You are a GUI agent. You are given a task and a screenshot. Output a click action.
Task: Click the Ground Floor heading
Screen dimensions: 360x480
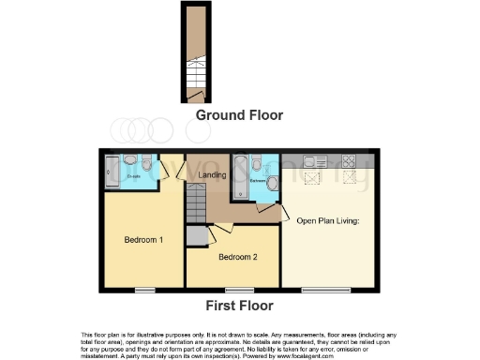click(x=239, y=115)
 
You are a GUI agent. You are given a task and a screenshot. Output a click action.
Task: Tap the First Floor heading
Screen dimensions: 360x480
click(x=239, y=306)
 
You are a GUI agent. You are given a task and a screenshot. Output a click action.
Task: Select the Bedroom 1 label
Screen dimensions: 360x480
click(x=143, y=240)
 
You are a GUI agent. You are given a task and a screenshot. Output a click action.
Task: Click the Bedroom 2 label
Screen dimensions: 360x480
click(x=236, y=256)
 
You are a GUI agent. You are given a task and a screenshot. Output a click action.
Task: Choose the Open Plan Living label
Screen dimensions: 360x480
click(x=328, y=222)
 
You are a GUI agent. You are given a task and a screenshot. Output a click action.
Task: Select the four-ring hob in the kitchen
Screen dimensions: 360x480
click(x=350, y=157)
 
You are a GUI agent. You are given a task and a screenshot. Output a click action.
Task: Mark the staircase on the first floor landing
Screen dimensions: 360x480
click(x=195, y=200)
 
